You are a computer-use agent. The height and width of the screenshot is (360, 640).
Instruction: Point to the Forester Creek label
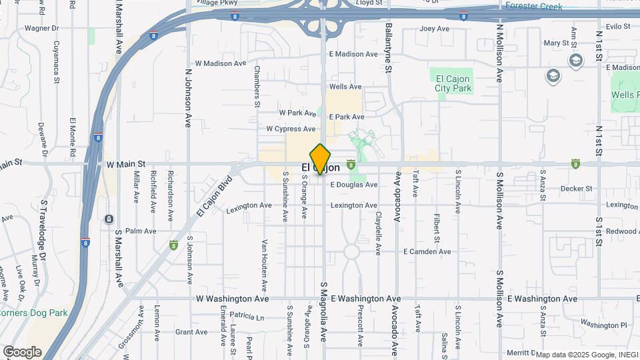533,7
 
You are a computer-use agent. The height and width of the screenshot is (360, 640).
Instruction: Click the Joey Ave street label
435,29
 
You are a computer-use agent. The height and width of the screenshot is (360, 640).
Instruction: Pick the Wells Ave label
345,87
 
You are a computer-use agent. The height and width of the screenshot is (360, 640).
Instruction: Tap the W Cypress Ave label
291,129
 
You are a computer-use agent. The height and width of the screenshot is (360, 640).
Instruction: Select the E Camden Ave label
427,251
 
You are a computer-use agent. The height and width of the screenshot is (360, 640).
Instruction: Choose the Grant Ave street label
191,332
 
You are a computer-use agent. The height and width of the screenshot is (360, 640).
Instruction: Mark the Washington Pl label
603,325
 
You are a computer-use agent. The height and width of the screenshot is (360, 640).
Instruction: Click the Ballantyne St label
387,43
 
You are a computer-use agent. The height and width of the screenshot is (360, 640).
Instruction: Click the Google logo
22,352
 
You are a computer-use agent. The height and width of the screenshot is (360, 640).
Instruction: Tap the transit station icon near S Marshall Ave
109,219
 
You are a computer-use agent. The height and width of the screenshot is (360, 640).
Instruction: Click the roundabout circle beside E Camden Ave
353,252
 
